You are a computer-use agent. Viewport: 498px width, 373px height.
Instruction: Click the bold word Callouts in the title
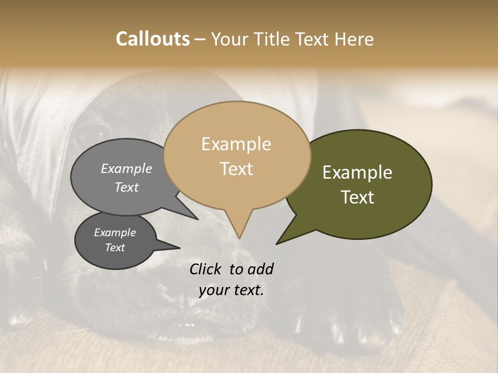pos(153,39)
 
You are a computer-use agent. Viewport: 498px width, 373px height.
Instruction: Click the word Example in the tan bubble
pos(236,144)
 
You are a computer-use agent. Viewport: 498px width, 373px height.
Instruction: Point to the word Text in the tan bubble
pos(236,169)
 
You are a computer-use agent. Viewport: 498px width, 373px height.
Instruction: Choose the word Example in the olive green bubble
pos(357,173)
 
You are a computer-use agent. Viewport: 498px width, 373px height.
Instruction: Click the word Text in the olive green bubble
pos(357,197)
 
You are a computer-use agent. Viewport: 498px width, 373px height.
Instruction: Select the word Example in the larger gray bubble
pos(127,168)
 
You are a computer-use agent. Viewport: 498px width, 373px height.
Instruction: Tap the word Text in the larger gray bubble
pos(127,187)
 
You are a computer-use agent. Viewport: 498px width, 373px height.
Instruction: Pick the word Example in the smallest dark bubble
pos(115,233)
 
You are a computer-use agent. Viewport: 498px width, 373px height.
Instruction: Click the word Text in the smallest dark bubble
pos(115,248)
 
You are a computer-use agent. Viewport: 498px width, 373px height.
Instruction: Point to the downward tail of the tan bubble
pos(239,228)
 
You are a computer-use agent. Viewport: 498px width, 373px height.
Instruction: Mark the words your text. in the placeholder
pos(231,290)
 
